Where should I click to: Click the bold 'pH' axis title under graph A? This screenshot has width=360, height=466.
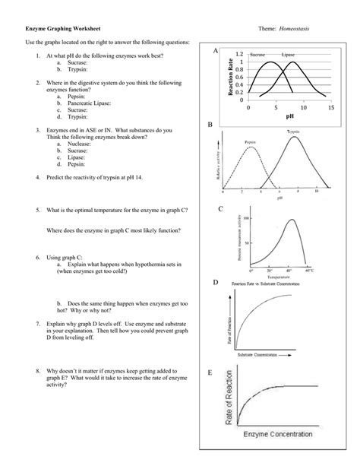[289, 118]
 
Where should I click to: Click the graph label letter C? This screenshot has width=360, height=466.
[220, 208]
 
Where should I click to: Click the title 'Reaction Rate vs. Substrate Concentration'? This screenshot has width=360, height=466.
[275, 284]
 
